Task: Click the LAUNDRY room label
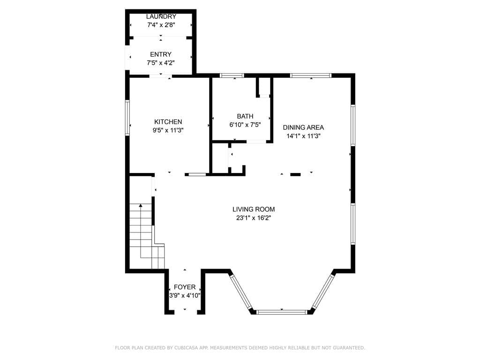161,16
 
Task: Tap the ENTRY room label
161,54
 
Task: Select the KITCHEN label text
168,122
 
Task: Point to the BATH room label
245,116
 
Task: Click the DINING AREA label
303,127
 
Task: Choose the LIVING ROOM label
254,209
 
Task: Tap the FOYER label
185,287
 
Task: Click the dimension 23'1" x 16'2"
254,218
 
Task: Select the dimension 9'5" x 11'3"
168,131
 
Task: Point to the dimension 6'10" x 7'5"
245,125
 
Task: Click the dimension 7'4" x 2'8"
161,25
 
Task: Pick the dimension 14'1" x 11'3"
303,136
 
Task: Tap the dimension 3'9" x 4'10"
185,296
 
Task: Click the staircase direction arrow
141,205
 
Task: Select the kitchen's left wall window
127,118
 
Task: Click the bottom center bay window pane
282,311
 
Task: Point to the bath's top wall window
232,75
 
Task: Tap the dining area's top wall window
311,75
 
